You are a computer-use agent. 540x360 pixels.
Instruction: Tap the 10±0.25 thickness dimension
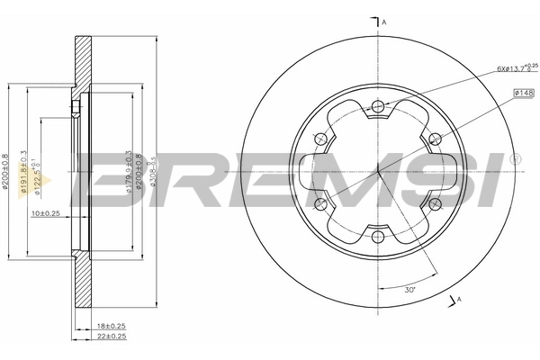tap(45, 214)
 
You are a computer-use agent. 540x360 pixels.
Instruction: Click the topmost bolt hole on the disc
tap(377, 107)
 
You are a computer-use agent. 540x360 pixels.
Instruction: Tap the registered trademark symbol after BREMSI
tap(515, 159)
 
